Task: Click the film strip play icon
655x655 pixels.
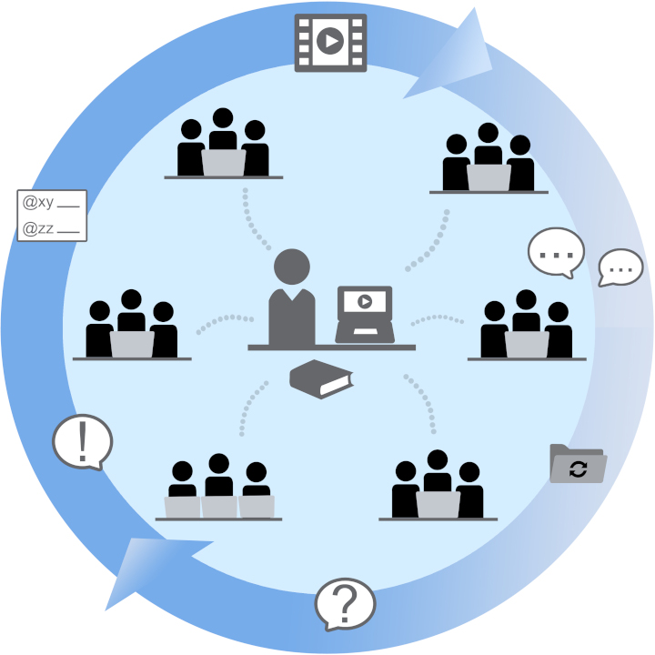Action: (x=330, y=42)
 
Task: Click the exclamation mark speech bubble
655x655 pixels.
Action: (x=82, y=442)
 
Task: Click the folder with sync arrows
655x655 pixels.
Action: (x=578, y=465)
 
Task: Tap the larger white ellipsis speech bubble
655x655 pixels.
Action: (x=555, y=251)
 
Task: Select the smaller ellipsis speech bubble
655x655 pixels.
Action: (x=621, y=267)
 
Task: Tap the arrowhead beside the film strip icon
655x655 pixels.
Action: (x=452, y=55)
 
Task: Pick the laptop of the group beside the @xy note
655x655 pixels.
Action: (x=132, y=343)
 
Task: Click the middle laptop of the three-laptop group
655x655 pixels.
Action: (x=219, y=506)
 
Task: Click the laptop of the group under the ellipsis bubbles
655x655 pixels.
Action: (x=527, y=344)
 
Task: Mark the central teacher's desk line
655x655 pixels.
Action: (x=331, y=348)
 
